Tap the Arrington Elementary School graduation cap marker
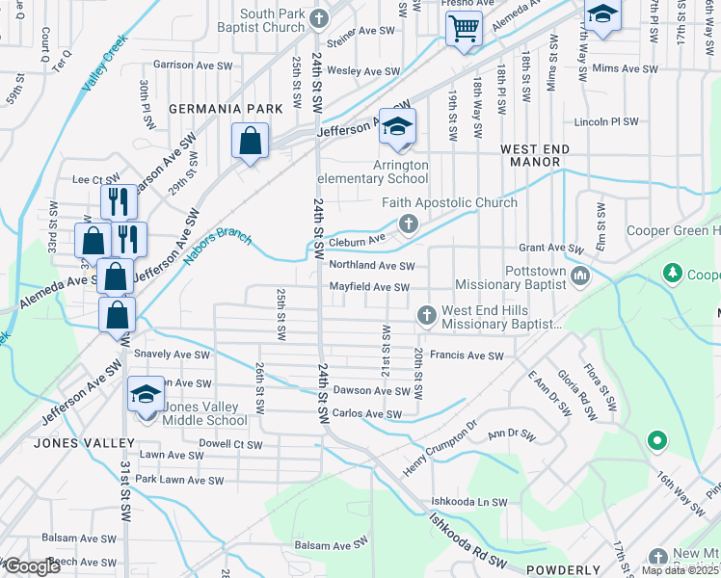click(x=396, y=128)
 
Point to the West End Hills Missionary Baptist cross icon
click(x=426, y=315)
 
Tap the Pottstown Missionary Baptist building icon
click(x=579, y=277)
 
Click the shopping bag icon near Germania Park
click(x=250, y=142)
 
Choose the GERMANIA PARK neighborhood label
click(x=227, y=109)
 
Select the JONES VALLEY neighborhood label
click(x=85, y=442)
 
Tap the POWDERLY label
click(x=564, y=569)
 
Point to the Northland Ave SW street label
click(x=371, y=266)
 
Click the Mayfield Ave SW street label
click(x=370, y=287)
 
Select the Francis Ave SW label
click(x=467, y=355)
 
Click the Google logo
click(x=32, y=566)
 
